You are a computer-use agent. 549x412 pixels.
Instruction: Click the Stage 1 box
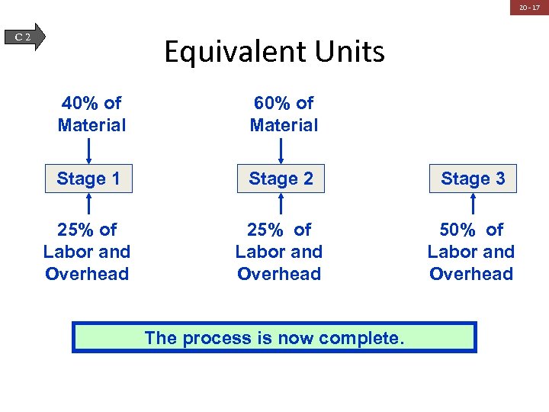(88, 179)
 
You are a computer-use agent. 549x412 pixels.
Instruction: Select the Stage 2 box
(281, 179)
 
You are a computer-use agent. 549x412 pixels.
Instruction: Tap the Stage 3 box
(473, 179)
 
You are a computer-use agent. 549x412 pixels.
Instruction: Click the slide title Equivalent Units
(274, 52)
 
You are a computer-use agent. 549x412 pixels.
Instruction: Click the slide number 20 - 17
(529, 8)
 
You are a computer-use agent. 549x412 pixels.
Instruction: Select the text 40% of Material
(91, 114)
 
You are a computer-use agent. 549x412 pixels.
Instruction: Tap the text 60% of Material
(284, 114)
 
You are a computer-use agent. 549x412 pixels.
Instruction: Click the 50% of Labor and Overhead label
(471, 252)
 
